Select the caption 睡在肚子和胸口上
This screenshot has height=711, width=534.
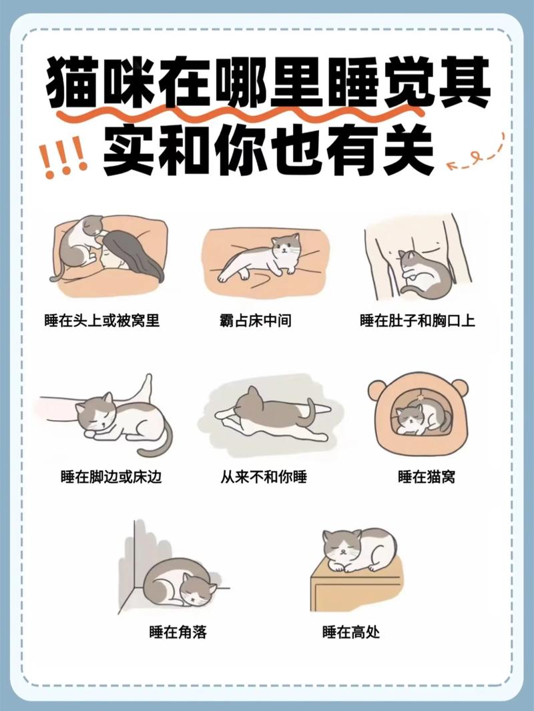click(x=417, y=321)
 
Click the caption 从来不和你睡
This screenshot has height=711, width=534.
click(x=264, y=477)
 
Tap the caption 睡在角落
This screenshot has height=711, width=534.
click(x=178, y=632)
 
